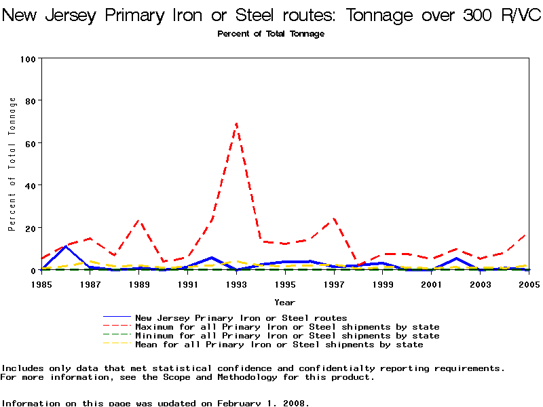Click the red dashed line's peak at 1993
click(236, 123)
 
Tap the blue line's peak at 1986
click(65, 246)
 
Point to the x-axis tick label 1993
click(236, 284)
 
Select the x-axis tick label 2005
click(528, 284)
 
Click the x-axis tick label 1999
click(382, 284)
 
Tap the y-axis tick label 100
click(28, 59)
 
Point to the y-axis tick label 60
click(30, 143)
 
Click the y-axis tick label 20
click(30, 228)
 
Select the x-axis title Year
click(284, 302)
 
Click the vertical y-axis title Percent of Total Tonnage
click(12, 164)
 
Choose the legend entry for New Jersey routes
click(241, 317)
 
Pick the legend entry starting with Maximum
click(287, 327)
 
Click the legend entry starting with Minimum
click(287, 336)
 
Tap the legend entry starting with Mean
click(279, 345)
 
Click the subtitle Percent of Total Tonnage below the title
click(271, 34)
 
